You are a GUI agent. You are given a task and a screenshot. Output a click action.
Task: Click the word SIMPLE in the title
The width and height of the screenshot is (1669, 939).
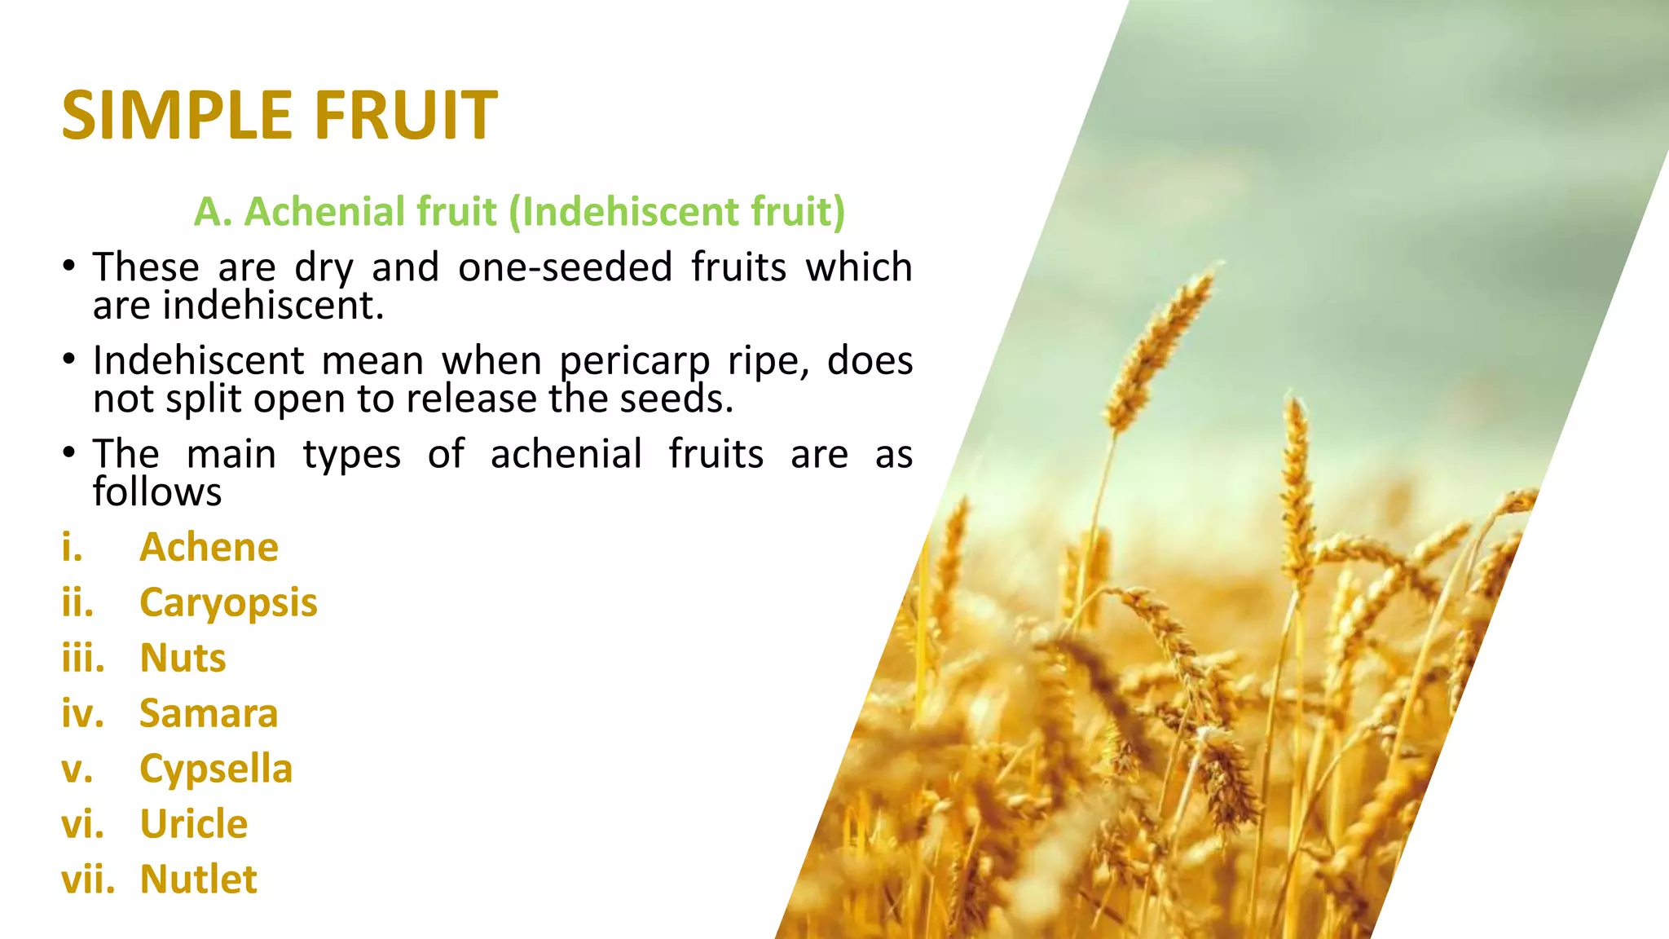[176, 115]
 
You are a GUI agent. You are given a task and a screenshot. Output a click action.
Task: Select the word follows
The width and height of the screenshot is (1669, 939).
[157, 492]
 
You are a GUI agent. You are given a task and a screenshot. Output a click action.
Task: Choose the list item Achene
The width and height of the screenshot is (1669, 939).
[209, 547]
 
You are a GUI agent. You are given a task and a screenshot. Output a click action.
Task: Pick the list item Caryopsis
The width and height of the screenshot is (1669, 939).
[228, 603]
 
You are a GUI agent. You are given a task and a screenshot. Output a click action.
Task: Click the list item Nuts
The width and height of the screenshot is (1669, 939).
[183, 658]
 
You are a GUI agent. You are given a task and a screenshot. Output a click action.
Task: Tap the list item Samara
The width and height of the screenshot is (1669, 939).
[209, 713]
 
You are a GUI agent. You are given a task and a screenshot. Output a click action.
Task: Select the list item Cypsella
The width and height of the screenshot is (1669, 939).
[216, 769]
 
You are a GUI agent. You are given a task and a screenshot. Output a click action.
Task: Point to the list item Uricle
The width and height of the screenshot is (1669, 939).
[194, 824]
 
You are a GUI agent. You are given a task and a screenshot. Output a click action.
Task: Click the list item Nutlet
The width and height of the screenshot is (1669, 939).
[198, 879]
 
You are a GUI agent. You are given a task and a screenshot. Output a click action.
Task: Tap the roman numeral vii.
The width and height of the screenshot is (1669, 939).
[88, 879]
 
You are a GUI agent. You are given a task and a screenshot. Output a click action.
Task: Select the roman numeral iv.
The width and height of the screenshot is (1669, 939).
[82, 714]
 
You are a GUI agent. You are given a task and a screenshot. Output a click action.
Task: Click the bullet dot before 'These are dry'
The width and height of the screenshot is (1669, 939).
[69, 267]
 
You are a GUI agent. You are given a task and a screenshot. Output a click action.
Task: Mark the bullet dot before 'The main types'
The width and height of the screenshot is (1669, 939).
[69, 453]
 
